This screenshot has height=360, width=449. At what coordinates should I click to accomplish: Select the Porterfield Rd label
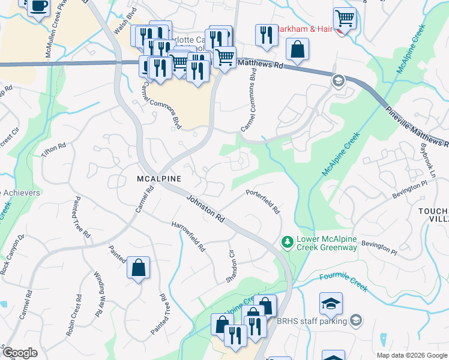tap(263, 202)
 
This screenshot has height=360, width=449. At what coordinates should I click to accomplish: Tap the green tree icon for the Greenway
tap(288, 242)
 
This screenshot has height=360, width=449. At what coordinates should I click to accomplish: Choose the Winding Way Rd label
tap(97, 295)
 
